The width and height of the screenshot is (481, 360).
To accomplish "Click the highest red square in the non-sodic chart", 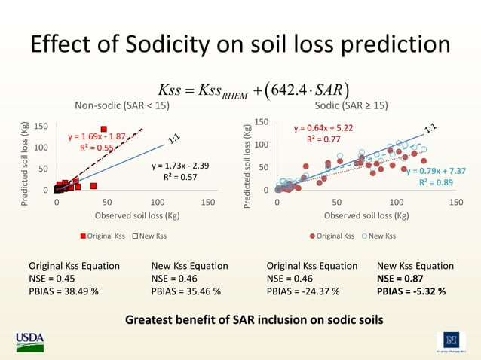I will pyautogui.click(x=103, y=129).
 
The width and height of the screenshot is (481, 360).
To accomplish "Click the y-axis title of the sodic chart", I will pyautogui.click(x=246, y=156).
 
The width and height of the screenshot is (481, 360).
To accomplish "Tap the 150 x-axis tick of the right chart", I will pyautogui.click(x=455, y=203).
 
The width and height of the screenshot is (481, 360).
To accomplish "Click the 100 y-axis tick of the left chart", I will pyautogui.click(x=42, y=148).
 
